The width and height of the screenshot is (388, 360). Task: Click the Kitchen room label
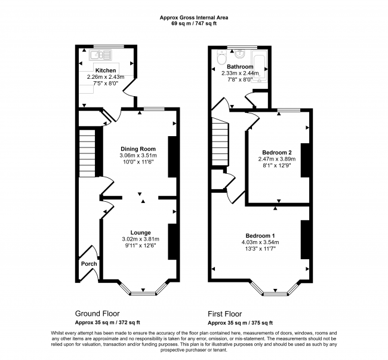coord(106,70)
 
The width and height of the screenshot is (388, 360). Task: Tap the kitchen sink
coord(101,55)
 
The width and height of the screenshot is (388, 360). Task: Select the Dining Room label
coord(138,149)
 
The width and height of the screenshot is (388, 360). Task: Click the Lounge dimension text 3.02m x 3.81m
coord(140,239)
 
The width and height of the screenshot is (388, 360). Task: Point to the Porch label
coord(89,264)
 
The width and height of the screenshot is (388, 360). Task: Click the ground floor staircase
coord(87,153)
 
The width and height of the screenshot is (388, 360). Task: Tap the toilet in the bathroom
coord(221,57)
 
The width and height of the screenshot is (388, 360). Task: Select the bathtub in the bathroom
coord(259,66)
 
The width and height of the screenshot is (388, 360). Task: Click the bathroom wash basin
coord(239,54)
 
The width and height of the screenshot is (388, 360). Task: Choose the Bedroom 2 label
coord(277,152)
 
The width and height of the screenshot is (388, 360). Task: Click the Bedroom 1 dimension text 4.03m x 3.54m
coord(260,242)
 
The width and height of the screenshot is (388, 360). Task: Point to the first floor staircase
coord(220,141)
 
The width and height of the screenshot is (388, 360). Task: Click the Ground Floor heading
coord(97,314)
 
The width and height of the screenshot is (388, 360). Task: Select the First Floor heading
coord(224,314)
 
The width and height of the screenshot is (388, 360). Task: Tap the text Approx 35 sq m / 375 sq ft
coord(241,323)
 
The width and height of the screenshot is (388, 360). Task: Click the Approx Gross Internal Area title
coord(194,17)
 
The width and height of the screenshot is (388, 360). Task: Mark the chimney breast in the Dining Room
coord(173,156)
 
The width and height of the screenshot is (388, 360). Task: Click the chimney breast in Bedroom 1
coord(305,239)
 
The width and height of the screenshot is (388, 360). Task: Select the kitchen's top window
coord(109,46)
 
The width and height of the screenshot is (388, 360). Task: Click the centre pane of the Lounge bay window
coord(143,294)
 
